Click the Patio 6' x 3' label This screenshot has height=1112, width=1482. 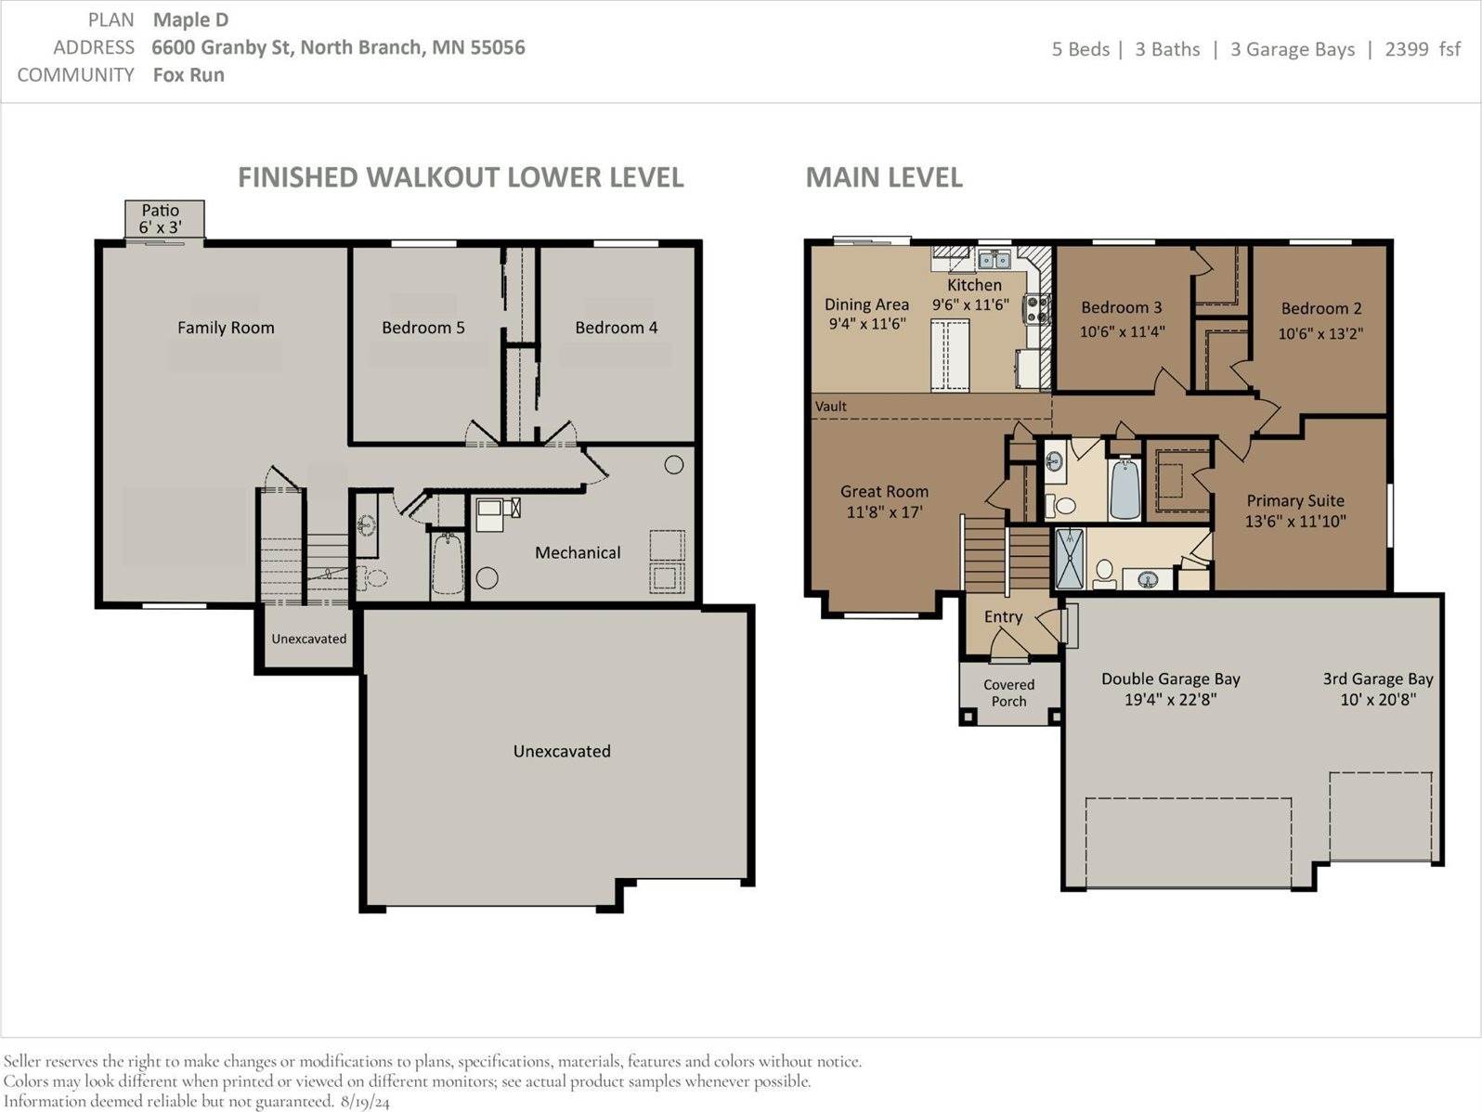[161, 219]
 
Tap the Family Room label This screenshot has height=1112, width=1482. [226, 328]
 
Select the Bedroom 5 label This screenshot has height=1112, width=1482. [423, 328]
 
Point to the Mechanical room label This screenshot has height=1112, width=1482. [578, 552]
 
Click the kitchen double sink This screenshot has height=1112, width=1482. [994, 258]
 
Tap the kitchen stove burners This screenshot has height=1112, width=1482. [1036, 309]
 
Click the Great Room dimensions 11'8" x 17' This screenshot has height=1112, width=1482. [885, 512]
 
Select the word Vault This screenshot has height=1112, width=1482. [830, 407]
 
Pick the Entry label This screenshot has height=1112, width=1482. [1003, 616]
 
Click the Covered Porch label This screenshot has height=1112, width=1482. [1008, 693]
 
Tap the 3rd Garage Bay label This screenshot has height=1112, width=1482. [1377, 679]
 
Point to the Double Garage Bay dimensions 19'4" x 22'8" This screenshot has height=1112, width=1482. [1171, 700]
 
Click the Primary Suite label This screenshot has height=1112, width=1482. [1295, 500]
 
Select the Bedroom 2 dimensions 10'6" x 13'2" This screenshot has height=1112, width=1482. [1320, 333]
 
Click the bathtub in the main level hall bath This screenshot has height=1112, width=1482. [1124, 488]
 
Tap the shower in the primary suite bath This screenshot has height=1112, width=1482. [1070, 558]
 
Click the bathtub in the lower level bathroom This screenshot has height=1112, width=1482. [447, 564]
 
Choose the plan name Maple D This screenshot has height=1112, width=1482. [191, 20]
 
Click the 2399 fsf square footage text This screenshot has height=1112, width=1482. [1423, 49]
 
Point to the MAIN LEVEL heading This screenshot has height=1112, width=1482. [884, 177]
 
